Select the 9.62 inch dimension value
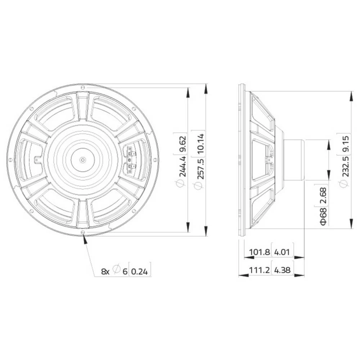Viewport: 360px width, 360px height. click(182, 143)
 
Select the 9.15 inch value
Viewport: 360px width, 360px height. click(345, 143)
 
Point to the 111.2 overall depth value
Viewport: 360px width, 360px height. click(257, 270)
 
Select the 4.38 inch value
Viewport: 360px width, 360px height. click(282, 270)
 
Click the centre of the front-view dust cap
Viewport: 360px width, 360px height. click(82, 159)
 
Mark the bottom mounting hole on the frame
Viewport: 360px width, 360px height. click(83, 233)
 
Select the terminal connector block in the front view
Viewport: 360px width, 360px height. click(130, 159)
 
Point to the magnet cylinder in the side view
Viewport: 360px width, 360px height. click(294, 159)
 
